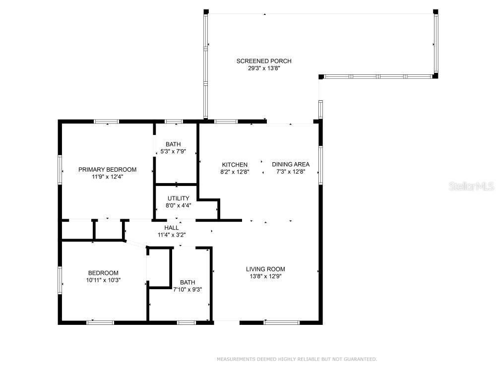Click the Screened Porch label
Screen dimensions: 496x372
coord(264,61)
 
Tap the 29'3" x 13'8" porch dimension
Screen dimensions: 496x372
coord(264,68)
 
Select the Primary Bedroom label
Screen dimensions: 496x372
coord(107,170)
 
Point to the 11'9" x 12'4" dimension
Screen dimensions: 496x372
coord(107,177)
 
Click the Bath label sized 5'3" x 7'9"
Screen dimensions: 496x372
coord(173,144)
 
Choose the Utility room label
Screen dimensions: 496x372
coord(179,198)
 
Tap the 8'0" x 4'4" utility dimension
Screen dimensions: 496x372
coord(179,206)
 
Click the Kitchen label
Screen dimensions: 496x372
coord(235,165)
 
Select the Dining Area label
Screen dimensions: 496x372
coord(291,165)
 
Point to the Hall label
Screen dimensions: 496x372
coord(172,228)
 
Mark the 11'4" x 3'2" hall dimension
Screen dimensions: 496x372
coord(172,235)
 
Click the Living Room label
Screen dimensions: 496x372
coord(265,269)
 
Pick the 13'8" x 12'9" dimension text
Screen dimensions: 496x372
coord(265,276)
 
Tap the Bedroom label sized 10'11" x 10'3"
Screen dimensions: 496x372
coord(103,273)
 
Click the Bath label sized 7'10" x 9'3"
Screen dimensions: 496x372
coord(187,283)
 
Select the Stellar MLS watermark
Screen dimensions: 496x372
coord(471,186)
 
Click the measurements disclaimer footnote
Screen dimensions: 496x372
coord(297,359)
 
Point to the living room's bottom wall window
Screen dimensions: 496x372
coord(282,323)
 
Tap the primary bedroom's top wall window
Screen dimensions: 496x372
coord(107,122)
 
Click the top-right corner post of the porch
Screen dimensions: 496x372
coord(435,12)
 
